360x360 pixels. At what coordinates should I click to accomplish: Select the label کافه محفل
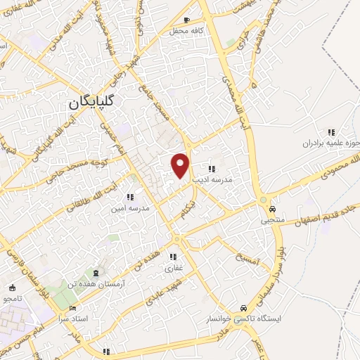pyautogui.click(x=186, y=31)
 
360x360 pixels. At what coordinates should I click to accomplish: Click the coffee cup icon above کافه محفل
pyautogui.click(x=186, y=20)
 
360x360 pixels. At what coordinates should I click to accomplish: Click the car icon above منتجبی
pyautogui.click(x=272, y=209)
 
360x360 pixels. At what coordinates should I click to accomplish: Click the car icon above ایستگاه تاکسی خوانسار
pyautogui.click(x=243, y=308)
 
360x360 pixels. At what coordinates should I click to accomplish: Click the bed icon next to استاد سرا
pyautogui.click(x=73, y=307)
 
